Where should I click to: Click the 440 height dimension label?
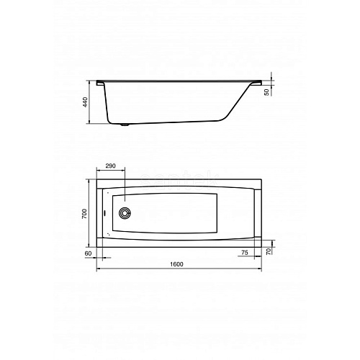coord(86,102)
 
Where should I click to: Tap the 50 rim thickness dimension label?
coord(266,92)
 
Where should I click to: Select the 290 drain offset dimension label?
coord(111,166)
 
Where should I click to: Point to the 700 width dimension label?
coord(84,214)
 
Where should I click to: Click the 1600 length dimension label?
coord(176,264)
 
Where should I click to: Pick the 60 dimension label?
coord(89,253)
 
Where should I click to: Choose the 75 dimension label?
coord(245,253)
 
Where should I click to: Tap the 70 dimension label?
coord(269,251)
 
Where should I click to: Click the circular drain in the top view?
coord(125,213)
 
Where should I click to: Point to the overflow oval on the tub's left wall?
coord(105,213)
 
